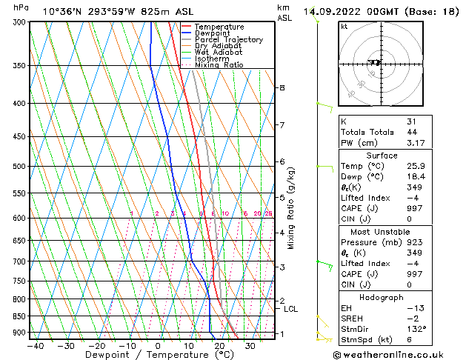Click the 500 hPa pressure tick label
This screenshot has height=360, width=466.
(x=20, y=167)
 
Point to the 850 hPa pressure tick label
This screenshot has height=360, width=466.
(x=20, y=316)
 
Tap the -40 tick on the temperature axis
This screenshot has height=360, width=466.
(x=34, y=345)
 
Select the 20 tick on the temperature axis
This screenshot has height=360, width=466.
(x=220, y=345)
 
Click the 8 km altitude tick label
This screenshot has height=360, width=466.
(x=282, y=87)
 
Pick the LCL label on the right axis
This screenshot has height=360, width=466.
(x=290, y=309)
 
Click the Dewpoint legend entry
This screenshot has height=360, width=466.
(x=212, y=33)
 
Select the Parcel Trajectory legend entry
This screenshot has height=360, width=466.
(x=228, y=40)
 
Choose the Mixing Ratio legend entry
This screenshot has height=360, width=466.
(x=219, y=65)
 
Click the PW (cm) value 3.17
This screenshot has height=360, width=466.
(x=416, y=143)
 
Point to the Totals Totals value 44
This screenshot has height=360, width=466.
(x=412, y=132)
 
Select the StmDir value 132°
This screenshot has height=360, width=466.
(x=417, y=329)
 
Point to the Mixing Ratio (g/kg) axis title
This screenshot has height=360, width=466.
(x=291, y=208)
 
